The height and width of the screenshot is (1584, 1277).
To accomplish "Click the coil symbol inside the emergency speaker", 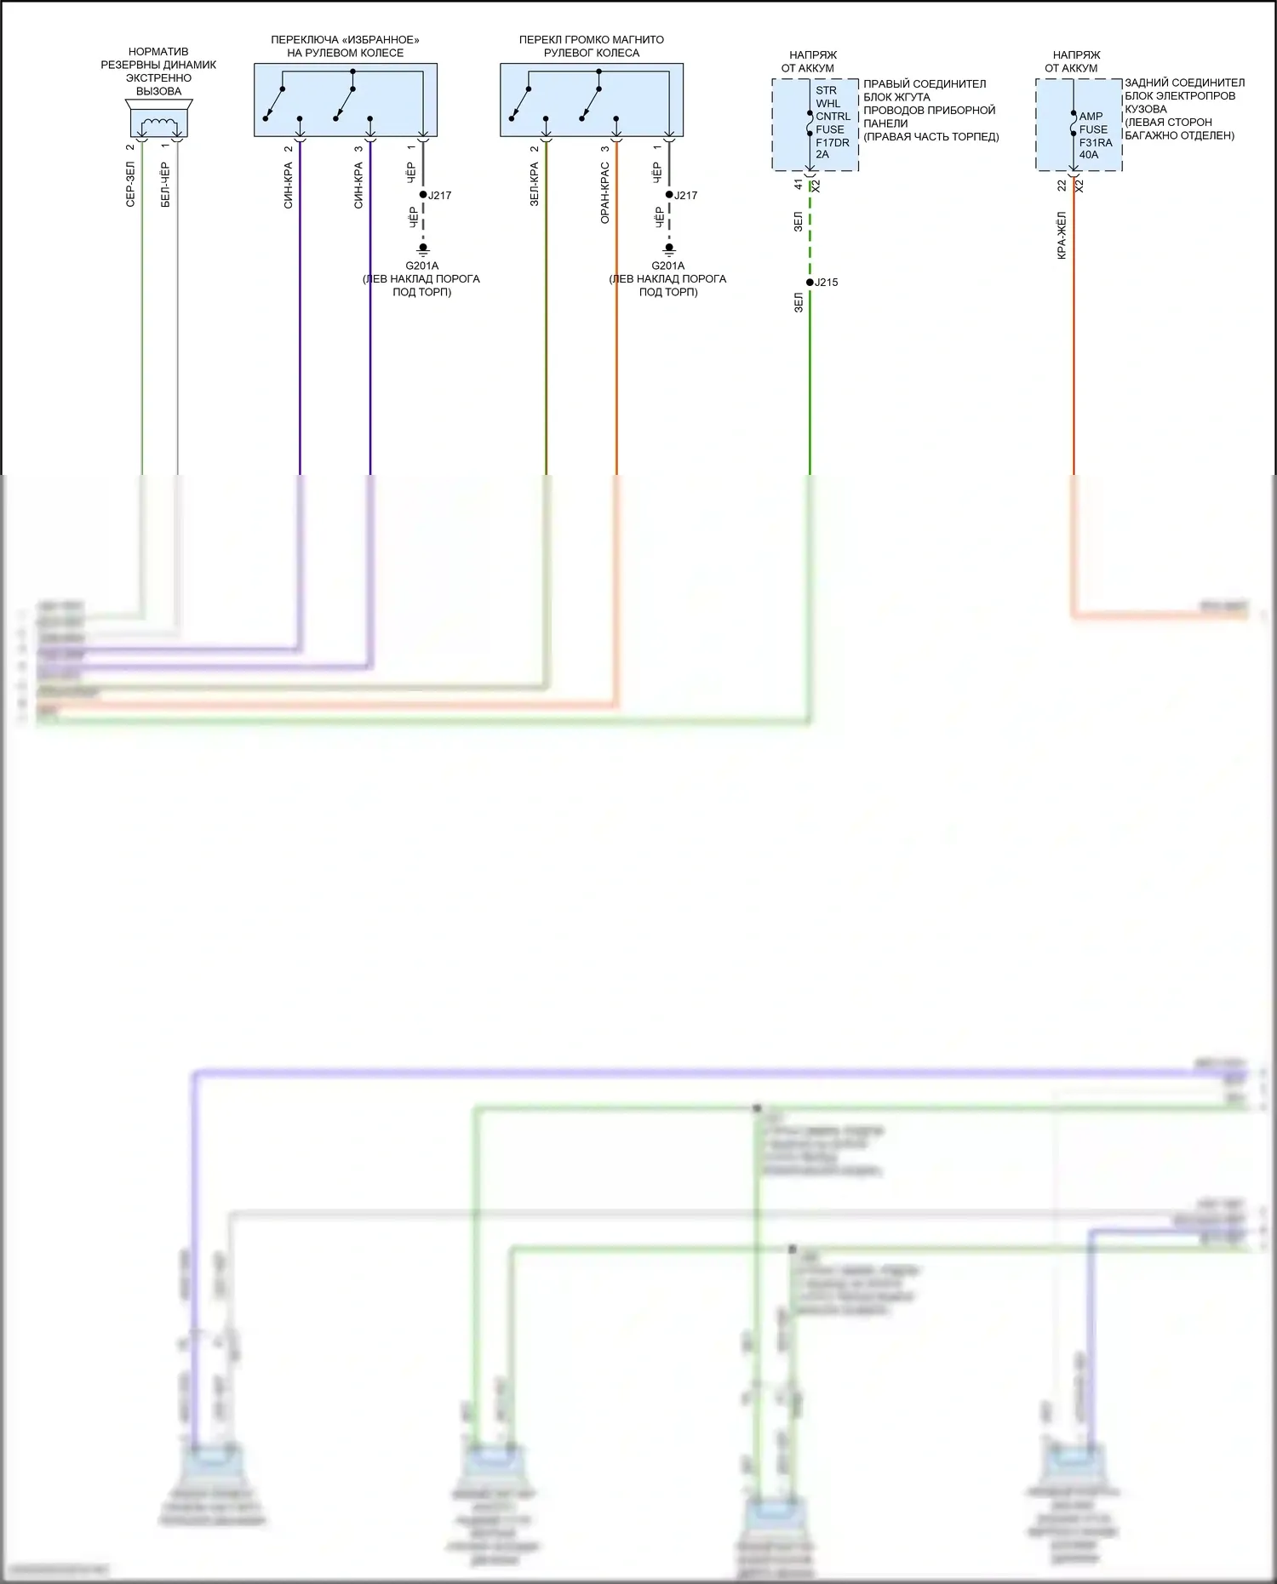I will (x=159, y=126).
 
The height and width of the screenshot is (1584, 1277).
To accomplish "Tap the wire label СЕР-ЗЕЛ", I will (x=130, y=185).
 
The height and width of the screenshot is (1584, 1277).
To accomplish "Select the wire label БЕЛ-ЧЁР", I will (x=165, y=185).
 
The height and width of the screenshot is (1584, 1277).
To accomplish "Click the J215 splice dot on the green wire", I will (x=810, y=282).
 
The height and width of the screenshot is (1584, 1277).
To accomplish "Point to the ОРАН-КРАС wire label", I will (x=604, y=194).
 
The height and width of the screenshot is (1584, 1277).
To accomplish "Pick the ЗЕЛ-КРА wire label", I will (x=534, y=185).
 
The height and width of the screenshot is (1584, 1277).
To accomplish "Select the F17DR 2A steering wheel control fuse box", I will (x=815, y=124).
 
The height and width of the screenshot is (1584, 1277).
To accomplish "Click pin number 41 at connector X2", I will (x=798, y=184).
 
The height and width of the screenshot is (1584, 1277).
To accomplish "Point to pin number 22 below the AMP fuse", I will (x=1062, y=185).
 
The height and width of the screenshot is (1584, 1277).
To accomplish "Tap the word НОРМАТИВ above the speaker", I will (x=158, y=52).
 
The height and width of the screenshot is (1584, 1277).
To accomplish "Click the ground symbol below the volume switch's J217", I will (x=669, y=249).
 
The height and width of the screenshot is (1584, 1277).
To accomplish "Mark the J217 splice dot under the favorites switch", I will (x=423, y=195).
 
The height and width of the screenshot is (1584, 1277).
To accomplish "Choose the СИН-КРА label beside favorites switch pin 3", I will (x=358, y=186).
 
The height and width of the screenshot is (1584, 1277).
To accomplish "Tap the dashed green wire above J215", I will (x=810, y=234).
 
